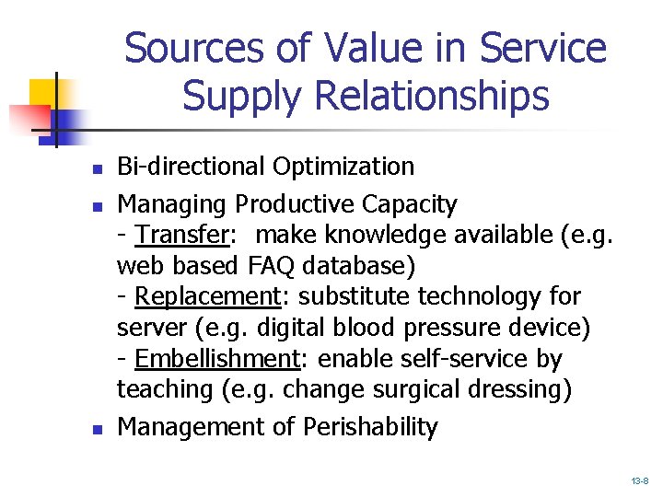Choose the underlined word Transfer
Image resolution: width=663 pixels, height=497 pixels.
point(181,235)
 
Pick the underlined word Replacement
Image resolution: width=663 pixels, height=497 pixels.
point(201,297)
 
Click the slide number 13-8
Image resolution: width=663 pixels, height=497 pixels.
point(640,481)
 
